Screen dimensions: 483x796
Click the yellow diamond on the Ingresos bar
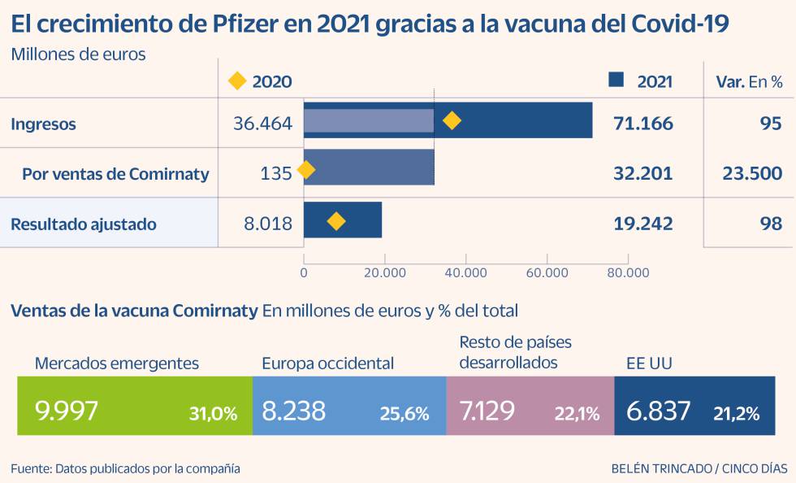[452, 121]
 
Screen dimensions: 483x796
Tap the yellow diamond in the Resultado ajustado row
[335, 222]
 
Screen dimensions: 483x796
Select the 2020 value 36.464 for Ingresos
[262, 124]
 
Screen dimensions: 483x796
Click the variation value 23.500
[751, 173]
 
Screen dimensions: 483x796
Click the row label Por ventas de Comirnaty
[115, 173]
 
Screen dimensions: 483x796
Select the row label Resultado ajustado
[83, 224]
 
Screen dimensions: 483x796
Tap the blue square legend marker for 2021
[616, 80]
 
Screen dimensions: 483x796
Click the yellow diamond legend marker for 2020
[236, 80]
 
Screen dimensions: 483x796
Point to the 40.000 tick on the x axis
[465, 273]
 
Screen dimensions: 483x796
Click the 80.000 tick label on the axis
[627, 273]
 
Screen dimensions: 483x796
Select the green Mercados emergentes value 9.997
[67, 411]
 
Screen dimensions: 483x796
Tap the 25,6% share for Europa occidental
[404, 413]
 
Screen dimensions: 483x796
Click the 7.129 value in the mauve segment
[487, 411]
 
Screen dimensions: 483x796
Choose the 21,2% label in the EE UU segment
[736, 413]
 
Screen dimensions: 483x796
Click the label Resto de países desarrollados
[515, 352]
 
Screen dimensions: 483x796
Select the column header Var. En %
[748, 81]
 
